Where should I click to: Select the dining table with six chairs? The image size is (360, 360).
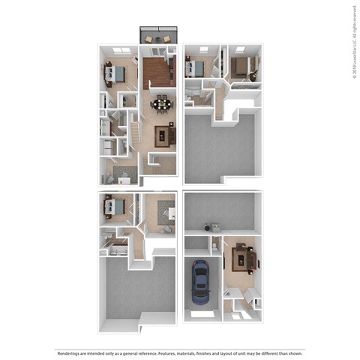coord(162,103)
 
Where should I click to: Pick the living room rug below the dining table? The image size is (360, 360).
coord(163,136)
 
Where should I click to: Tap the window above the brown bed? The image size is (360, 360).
coord(240,49)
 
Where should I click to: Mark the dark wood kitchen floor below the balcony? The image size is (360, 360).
coord(158,73)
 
